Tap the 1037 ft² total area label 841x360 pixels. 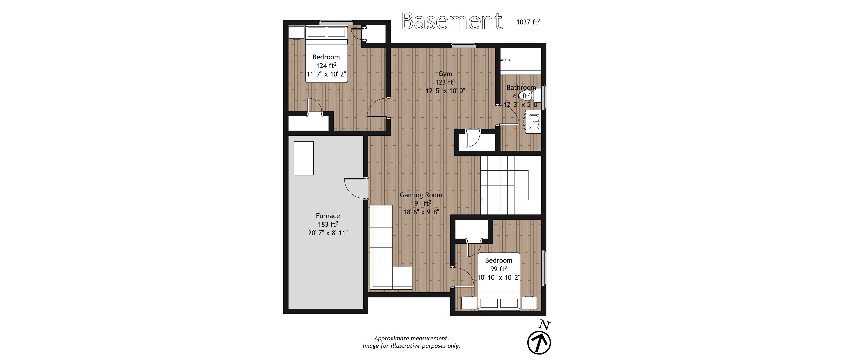tap(528, 22)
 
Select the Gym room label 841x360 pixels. tap(445, 74)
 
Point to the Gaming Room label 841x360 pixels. tap(421, 195)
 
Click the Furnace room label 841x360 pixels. tap(328, 216)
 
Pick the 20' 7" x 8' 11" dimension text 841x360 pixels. tap(328, 233)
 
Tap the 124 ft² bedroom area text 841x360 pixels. tap(326, 65)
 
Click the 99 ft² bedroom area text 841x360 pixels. tap(498, 269)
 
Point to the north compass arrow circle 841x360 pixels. tap(539, 343)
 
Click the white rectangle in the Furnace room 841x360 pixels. tap(304, 158)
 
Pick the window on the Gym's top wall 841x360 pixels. tap(463, 46)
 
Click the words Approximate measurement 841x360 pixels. tap(411, 339)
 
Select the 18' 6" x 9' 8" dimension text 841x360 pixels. tap(421, 212)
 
